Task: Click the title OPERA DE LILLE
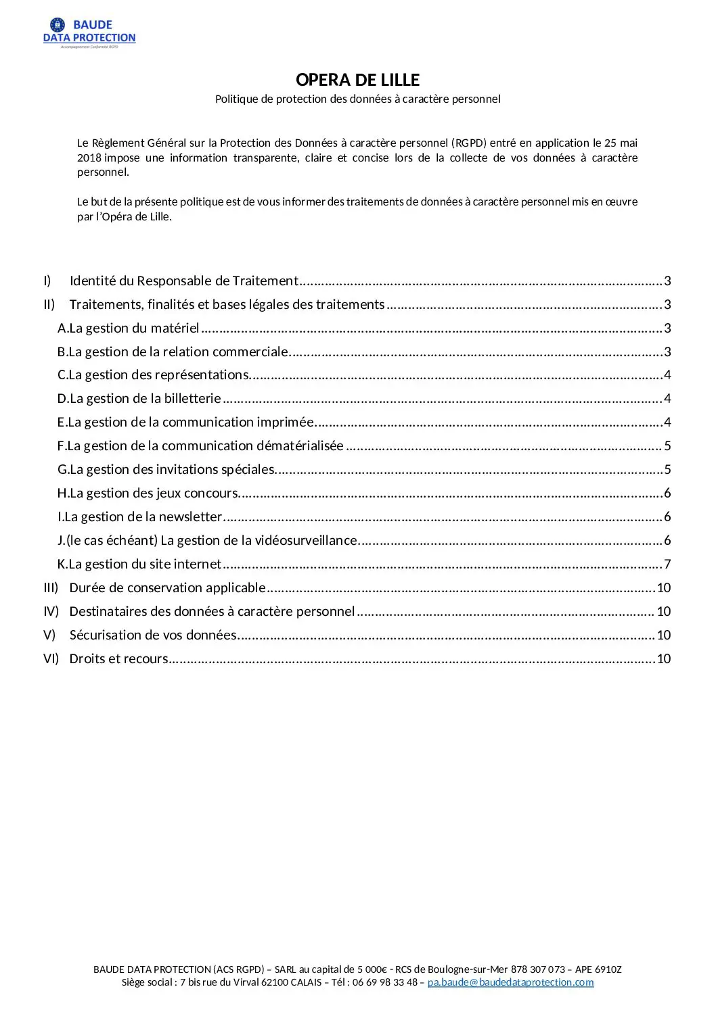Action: [357, 80]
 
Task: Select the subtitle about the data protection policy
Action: [357, 99]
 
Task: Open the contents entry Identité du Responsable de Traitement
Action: [183, 281]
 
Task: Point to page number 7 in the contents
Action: [667, 564]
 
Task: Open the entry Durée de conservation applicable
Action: [167, 587]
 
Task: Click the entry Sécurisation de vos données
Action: [153, 635]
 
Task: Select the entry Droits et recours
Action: [118, 658]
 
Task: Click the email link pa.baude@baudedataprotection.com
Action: [510, 982]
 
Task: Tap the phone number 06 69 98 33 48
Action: [385, 982]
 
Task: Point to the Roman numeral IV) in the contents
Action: [51, 611]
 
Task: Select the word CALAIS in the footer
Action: [306, 982]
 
